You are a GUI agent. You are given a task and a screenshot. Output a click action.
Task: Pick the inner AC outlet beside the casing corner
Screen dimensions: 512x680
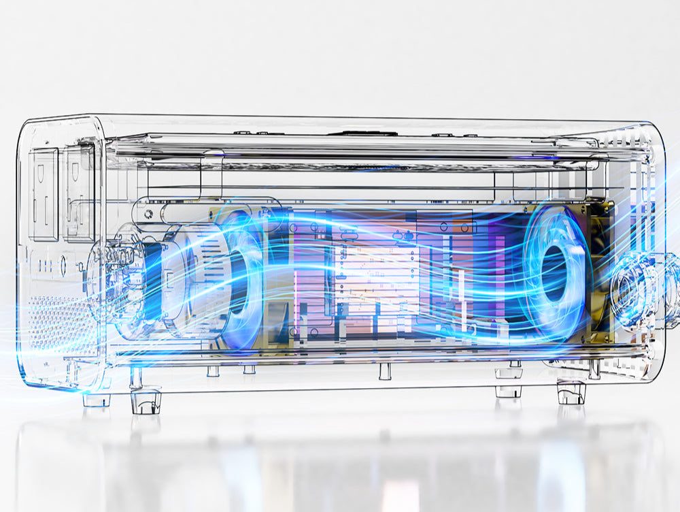(x=80, y=191)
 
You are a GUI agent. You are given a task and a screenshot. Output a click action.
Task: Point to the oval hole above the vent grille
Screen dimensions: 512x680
(x=63, y=264)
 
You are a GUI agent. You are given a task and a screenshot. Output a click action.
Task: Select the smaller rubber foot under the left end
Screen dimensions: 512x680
(x=97, y=400)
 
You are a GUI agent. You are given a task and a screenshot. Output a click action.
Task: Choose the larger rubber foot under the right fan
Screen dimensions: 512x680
(x=571, y=393)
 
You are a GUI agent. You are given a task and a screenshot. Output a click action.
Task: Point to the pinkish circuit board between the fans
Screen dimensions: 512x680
(x=371, y=272)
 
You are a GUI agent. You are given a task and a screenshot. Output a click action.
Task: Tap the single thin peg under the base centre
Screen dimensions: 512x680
(x=385, y=371)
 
